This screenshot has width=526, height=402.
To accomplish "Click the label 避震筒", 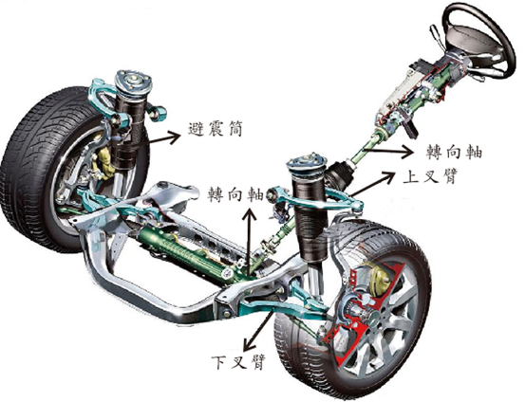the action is click(x=215, y=129).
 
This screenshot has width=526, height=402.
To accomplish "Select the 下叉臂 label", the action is click(x=238, y=361).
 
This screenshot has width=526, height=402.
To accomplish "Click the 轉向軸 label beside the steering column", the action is click(x=455, y=151).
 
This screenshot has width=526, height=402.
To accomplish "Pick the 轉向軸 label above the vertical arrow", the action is click(x=235, y=193).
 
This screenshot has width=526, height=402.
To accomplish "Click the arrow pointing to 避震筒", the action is click(x=164, y=137).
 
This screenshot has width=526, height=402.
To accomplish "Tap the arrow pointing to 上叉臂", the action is click(x=371, y=183).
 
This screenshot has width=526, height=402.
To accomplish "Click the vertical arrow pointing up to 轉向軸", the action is click(x=249, y=241).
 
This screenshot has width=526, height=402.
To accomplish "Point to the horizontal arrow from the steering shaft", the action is click(x=390, y=151).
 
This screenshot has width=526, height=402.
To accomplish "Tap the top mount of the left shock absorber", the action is click(x=133, y=82).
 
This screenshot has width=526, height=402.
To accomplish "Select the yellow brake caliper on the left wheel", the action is click(x=106, y=162).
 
